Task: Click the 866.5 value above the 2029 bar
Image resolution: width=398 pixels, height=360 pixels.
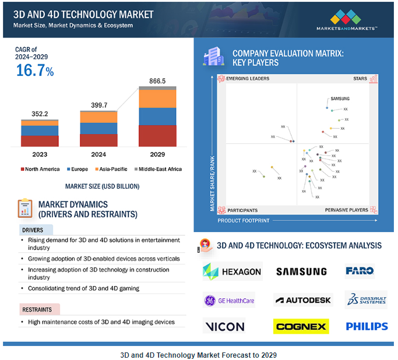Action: [x=157, y=81]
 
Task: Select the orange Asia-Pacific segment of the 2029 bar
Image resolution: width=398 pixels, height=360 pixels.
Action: [x=157, y=98]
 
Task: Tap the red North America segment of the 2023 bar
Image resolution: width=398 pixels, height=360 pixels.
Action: [x=40, y=141]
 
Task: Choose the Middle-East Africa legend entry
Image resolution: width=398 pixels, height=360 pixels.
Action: [x=157, y=169]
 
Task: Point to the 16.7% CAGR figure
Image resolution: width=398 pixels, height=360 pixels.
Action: [x=34, y=71]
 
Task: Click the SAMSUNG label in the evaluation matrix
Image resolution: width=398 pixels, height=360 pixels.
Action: [x=340, y=99]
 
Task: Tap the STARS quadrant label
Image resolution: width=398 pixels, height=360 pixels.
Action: [x=360, y=78]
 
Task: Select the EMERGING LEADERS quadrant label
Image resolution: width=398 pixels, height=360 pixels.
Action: [x=247, y=78]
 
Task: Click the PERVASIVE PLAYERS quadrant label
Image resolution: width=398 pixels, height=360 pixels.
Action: [x=346, y=210]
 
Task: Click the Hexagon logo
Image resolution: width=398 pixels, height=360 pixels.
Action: [x=232, y=271]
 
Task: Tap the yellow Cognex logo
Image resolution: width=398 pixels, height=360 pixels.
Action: [x=301, y=326]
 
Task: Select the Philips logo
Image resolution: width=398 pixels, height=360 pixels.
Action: [x=367, y=326]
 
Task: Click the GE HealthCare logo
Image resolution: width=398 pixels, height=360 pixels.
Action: [x=230, y=301]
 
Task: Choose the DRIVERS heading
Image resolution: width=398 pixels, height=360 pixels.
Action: [x=33, y=230]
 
